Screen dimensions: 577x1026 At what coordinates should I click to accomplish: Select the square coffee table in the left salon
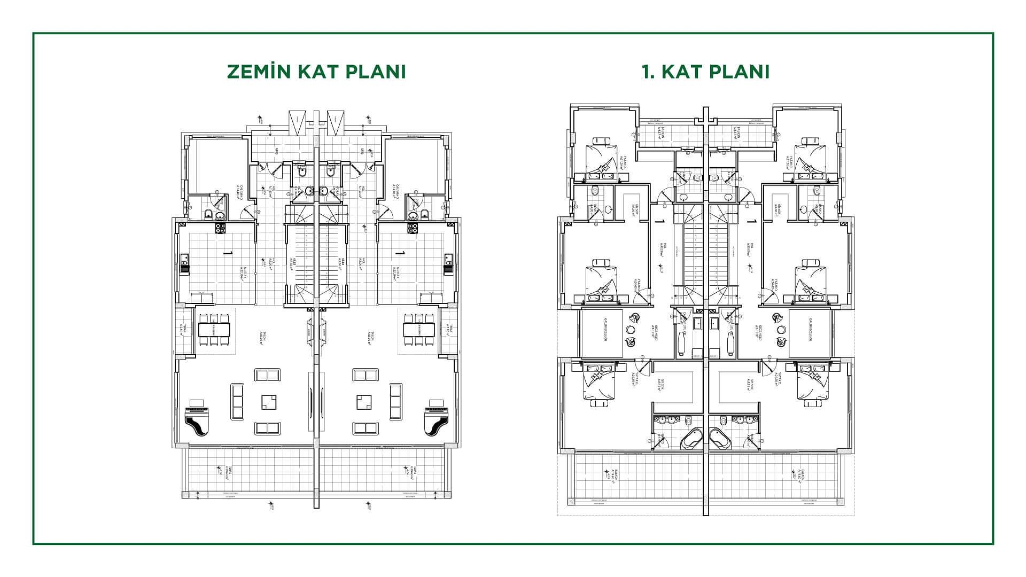[269, 402]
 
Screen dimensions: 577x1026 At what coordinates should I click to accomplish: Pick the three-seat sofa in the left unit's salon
[237, 402]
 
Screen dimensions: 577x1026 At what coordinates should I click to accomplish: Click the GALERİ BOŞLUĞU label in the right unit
[811, 332]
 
